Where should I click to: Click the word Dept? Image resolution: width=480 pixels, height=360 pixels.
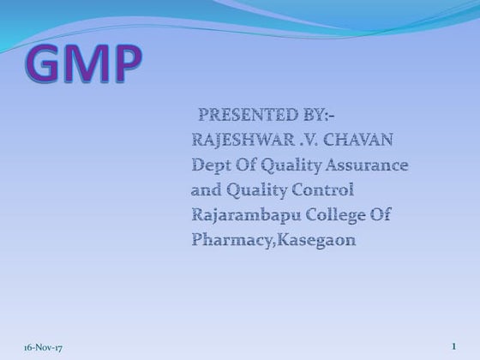tap(211, 165)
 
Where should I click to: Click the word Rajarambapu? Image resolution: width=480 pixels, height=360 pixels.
tap(248, 215)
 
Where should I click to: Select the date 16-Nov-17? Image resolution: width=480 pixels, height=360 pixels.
tap(32, 346)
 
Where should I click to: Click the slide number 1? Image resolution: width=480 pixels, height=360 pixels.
tap(453, 345)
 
